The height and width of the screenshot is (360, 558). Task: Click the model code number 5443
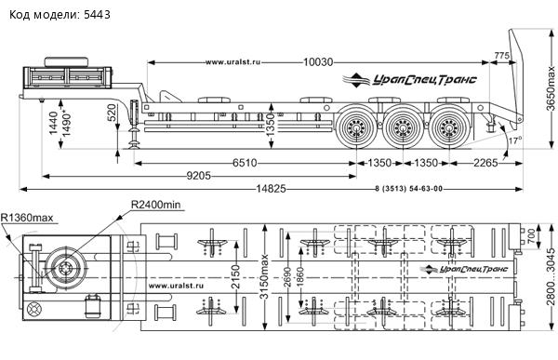(97, 15)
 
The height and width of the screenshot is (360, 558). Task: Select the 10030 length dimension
(318, 62)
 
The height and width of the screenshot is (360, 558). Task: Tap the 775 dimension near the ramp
(501, 55)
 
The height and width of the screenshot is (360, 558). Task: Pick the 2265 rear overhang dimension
(485, 163)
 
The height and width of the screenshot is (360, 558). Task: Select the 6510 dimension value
(245, 163)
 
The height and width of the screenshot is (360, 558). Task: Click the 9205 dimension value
(199, 176)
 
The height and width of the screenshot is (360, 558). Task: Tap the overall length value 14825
(271, 189)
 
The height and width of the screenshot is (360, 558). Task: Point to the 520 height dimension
(112, 113)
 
